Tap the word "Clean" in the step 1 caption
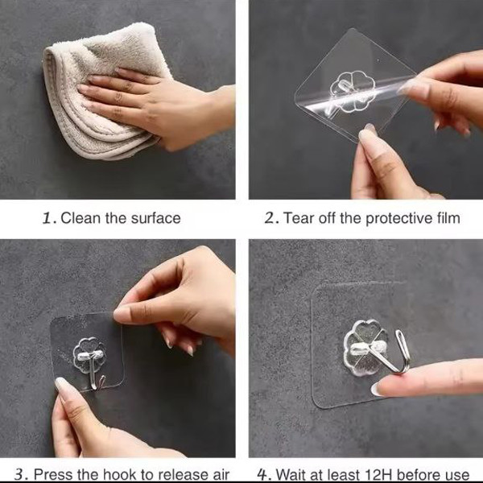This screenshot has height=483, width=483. (80, 218)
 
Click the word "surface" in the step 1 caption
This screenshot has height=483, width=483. (156, 218)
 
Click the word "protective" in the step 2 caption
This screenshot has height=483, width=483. (398, 219)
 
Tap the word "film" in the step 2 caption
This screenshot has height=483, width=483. (448, 218)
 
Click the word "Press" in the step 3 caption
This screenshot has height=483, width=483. (53, 474)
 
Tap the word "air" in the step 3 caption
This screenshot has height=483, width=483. (219, 475)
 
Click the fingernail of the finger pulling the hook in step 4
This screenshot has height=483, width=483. (378, 389)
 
